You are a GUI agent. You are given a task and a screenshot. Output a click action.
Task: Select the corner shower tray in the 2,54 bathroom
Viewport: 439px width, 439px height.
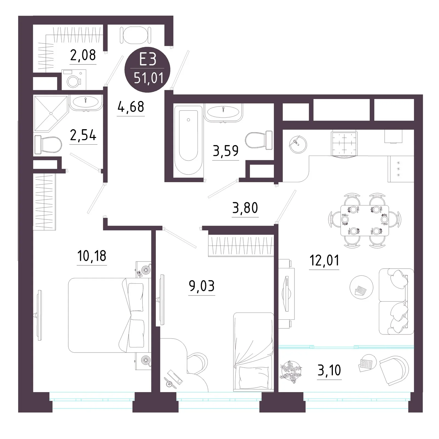point(51,113)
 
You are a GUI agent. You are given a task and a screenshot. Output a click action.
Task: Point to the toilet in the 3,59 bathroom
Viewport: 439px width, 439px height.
point(259,140)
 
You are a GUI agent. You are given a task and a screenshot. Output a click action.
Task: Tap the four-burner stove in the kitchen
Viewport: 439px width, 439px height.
point(344,143)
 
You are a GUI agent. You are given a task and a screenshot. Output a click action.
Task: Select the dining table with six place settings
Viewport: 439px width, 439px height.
point(365,220)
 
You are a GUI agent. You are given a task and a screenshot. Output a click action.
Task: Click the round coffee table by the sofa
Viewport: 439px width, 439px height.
point(361,287)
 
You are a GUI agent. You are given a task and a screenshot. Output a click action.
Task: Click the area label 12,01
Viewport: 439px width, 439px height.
point(324,260)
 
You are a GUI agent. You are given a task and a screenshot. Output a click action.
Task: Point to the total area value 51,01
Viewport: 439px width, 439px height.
point(148,78)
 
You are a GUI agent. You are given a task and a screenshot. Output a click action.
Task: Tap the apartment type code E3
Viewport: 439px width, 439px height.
point(148,60)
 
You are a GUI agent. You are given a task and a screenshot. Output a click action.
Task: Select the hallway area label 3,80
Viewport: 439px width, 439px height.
point(245,208)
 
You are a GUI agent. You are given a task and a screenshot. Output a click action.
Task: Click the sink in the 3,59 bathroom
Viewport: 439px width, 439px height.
point(223,112)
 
